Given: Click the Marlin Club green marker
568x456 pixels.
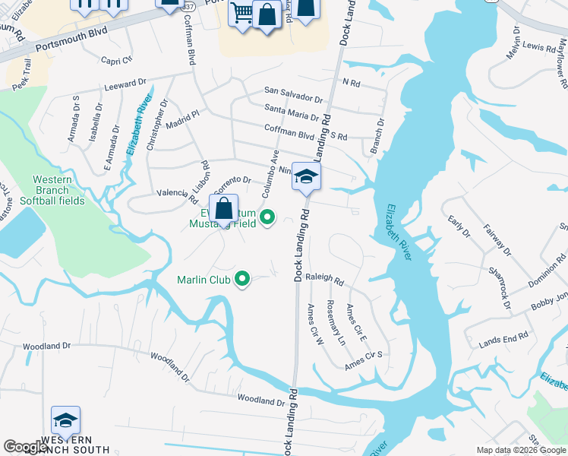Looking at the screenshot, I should click(242, 280).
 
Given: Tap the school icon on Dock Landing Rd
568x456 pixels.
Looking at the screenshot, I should click(306, 177).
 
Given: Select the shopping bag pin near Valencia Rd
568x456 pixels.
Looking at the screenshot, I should click(225, 208).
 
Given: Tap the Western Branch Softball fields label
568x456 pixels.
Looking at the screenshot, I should click(52, 190).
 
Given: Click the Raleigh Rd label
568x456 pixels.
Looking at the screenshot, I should click(325, 279).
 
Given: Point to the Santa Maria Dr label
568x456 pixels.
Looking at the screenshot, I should click(292, 115).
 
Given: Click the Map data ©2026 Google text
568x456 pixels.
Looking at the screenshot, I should click(521, 450).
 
